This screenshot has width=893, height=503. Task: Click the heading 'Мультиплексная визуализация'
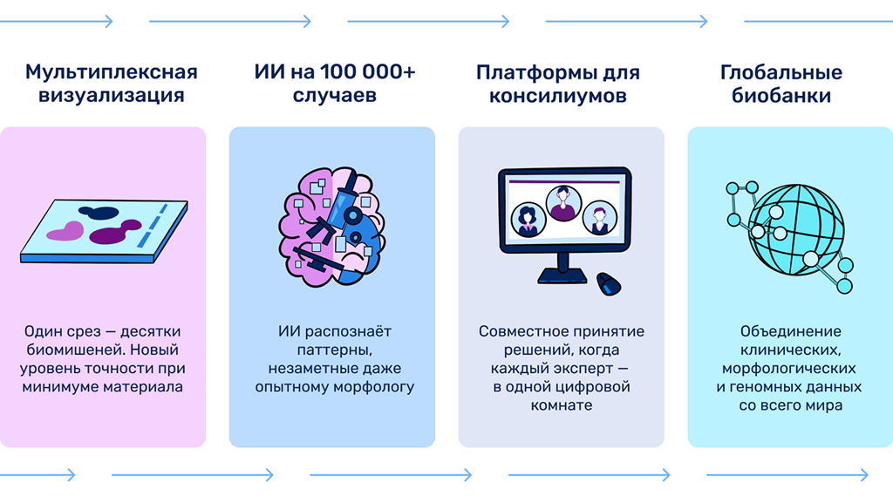[x=112, y=83]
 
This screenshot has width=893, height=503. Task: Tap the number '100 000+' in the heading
[x=368, y=72]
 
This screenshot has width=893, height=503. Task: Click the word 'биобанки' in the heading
[x=781, y=96]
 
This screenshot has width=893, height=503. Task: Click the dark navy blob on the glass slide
[x=99, y=213]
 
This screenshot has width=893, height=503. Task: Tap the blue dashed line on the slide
[x=152, y=226]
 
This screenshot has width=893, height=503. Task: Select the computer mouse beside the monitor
[x=608, y=284]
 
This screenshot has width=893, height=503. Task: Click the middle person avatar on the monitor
[x=563, y=203]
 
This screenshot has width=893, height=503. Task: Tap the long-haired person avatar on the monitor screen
[x=528, y=220]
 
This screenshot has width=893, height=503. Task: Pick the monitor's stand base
[x=562, y=276]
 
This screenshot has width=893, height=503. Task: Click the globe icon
[x=795, y=230]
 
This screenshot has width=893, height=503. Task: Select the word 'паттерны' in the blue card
[x=335, y=350]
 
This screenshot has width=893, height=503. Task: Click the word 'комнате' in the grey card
[x=562, y=405]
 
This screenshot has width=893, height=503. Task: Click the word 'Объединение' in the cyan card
[x=790, y=331]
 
